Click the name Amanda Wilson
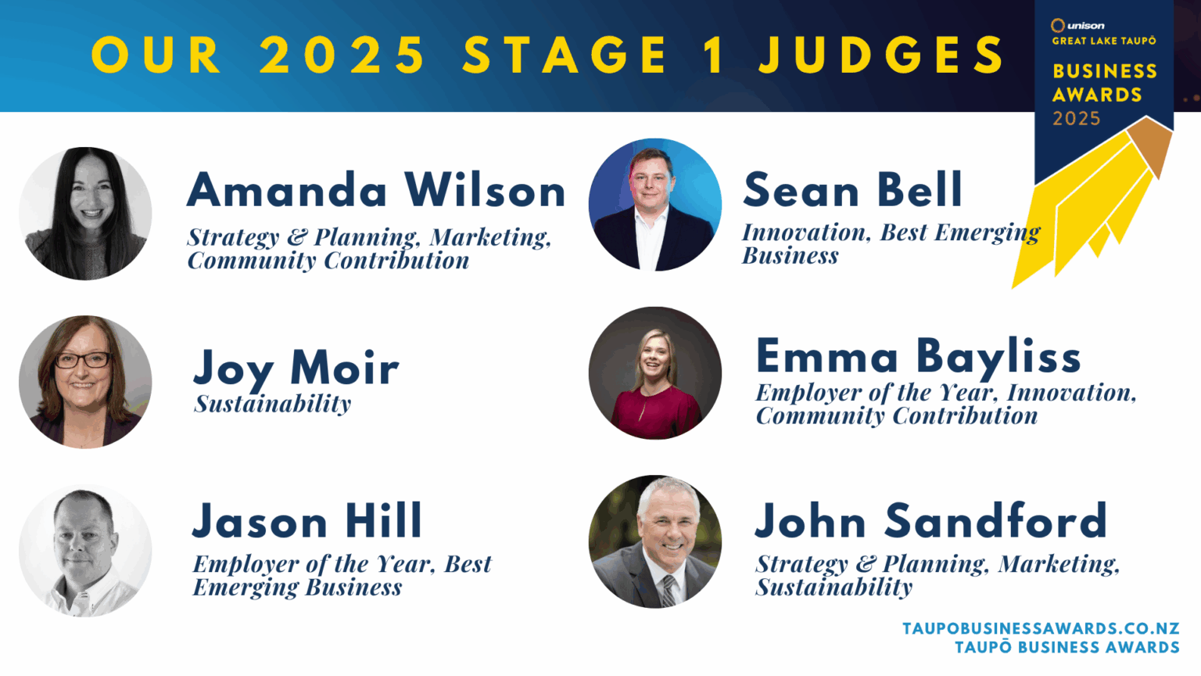click(x=376, y=191)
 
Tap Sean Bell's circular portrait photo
click(x=655, y=205)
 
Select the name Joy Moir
click(x=296, y=368)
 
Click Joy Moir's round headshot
click(x=85, y=382)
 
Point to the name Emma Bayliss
click(x=919, y=357)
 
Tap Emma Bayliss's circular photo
click(x=655, y=373)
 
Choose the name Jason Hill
click(x=307, y=521)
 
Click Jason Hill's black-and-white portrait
click(x=85, y=551)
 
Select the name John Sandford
click(x=930, y=521)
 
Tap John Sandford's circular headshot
click(x=655, y=541)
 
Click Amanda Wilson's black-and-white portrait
click(x=85, y=214)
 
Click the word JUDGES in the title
click(x=882, y=55)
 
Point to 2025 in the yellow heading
click(x=342, y=55)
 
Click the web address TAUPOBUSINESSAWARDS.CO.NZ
click(x=1041, y=628)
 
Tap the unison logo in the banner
click(x=1077, y=26)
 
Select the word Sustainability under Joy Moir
click(x=273, y=404)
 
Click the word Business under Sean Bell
click(x=791, y=256)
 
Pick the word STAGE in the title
click(x=565, y=55)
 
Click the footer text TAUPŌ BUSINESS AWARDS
click(x=1067, y=647)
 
